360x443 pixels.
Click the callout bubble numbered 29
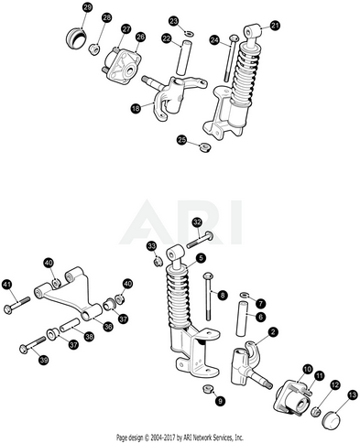pos(88,7)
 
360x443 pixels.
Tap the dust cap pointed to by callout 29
pos(76,38)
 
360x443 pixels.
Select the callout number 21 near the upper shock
pos(275,26)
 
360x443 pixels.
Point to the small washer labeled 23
pos(190,32)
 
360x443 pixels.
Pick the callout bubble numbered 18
pos(136,108)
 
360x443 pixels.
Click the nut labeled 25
pos(205,148)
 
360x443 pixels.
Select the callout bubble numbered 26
pos(140,38)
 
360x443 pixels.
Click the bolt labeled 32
pos(200,240)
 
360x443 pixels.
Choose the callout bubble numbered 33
pos(152,246)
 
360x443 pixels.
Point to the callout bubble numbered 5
pos(201,258)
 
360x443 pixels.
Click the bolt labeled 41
pos(17,305)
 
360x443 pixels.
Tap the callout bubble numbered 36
pos(108,327)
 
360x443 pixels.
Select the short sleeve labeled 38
pos(70,325)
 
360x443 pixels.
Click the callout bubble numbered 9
pos(220,400)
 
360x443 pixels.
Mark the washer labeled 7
pos(244,295)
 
